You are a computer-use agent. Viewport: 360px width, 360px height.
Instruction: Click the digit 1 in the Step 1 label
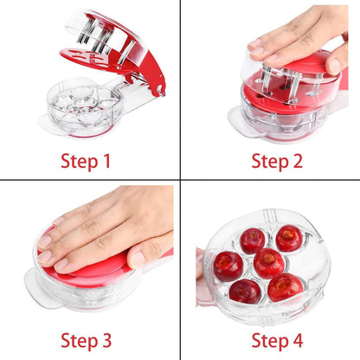[x=106, y=161]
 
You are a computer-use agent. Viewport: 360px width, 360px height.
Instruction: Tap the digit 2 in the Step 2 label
[x=297, y=161]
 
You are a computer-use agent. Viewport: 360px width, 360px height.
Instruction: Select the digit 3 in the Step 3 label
[x=106, y=340]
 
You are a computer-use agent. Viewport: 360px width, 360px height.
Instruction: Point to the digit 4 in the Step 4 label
[x=298, y=340]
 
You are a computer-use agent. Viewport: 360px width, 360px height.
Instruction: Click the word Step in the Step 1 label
[x=80, y=162]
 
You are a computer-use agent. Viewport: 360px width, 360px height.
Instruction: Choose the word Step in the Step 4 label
[x=270, y=342]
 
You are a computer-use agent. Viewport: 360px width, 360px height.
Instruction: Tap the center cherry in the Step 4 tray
[x=268, y=263]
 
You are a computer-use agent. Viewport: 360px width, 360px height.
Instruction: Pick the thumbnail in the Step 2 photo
[x=335, y=67]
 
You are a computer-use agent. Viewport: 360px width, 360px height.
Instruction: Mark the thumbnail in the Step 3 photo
[x=138, y=259]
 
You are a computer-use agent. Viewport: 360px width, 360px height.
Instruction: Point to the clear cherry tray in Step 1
[x=85, y=107]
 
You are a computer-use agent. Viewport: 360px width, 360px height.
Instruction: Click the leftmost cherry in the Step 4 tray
[x=228, y=266]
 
